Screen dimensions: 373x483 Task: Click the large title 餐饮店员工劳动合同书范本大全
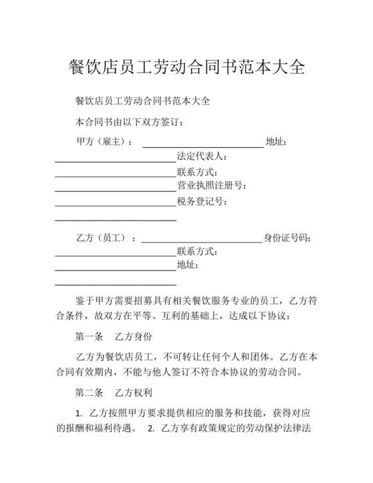[x=186, y=67]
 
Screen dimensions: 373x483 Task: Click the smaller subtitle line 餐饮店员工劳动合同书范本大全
[x=143, y=102]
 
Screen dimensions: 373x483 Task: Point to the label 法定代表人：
[x=202, y=157]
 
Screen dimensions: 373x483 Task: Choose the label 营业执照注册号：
[x=212, y=186]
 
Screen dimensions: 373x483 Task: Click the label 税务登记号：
[x=202, y=201]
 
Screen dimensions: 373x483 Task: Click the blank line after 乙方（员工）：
[x=202, y=241]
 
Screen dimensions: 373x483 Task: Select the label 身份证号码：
[x=287, y=238]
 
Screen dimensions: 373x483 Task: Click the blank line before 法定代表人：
[x=115, y=161]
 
